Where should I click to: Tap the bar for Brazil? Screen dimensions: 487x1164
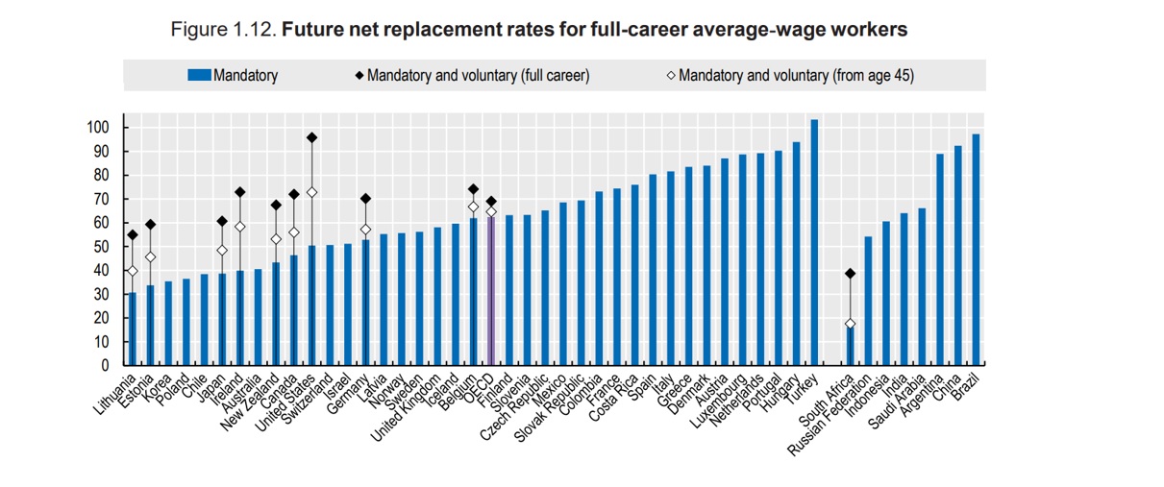(x=976, y=250)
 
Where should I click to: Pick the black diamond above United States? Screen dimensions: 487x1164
(x=311, y=137)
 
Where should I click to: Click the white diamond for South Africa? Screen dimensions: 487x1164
(x=850, y=324)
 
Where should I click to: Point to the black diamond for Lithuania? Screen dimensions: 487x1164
(x=132, y=234)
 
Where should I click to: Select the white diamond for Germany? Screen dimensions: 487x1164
(x=365, y=230)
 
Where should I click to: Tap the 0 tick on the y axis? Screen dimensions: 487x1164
(x=105, y=366)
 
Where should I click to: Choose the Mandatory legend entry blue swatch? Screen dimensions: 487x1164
(x=199, y=75)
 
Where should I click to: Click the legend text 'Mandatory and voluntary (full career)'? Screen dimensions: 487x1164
(x=478, y=75)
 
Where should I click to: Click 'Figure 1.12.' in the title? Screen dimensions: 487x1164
(x=224, y=30)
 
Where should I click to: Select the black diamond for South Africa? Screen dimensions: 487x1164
(x=850, y=274)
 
